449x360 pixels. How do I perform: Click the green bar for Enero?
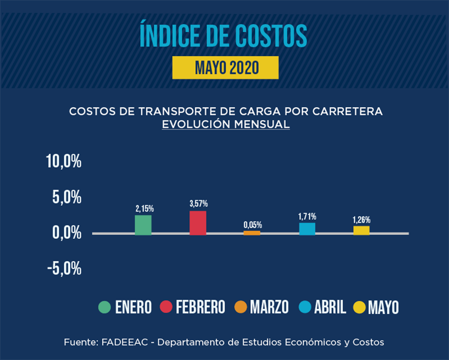click(143, 224)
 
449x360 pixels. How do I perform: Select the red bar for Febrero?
click(198, 223)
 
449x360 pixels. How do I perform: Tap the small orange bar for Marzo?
click(252, 232)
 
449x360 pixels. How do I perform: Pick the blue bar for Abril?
click(307, 228)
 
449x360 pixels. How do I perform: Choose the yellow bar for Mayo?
click(361, 230)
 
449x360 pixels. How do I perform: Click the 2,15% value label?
click(144, 209)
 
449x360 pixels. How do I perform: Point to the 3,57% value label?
click(198, 204)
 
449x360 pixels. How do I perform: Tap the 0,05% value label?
click(253, 225)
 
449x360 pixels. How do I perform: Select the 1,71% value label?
click(307, 216)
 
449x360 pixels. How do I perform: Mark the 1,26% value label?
click(361, 220)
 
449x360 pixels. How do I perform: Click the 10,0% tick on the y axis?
click(63, 162)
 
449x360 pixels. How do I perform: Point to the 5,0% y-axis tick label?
click(67, 197)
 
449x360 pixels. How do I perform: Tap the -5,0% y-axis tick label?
click(63, 268)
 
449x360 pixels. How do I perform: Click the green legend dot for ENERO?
click(104, 307)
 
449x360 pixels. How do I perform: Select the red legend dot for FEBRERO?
click(166, 307)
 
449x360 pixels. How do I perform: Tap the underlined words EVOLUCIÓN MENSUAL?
click(226, 124)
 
